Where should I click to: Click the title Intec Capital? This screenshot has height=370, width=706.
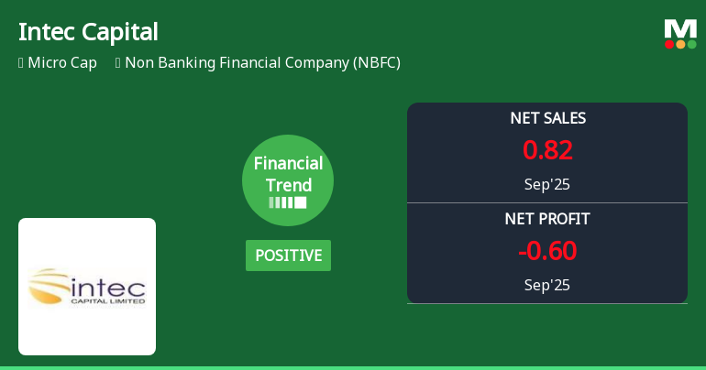point(88,31)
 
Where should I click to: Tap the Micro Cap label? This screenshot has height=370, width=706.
point(62,63)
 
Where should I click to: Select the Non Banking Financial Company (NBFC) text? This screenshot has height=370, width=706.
point(262,63)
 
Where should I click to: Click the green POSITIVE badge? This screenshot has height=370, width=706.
point(288,256)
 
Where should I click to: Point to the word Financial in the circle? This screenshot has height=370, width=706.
point(288,164)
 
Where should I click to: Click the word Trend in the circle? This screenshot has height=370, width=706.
point(288,185)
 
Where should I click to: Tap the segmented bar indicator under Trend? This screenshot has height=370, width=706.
point(288,202)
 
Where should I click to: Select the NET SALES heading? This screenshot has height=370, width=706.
point(547,118)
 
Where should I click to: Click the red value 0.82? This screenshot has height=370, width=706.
point(547,150)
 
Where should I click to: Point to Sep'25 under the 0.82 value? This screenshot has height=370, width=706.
point(547,184)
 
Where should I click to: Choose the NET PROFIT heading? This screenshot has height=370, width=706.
point(547,219)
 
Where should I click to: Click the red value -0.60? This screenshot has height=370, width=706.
point(547,251)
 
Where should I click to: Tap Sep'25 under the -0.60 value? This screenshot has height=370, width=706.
point(547,285)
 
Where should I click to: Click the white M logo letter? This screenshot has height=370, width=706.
point(680,28)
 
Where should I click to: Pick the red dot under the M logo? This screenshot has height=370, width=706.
point(670,44)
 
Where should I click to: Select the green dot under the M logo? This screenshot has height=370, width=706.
point(692,44)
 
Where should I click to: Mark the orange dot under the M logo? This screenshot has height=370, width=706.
point(681,44)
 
